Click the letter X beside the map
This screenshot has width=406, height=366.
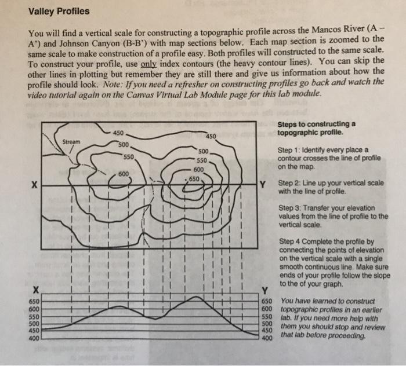click(35, 185)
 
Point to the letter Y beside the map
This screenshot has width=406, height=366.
click(265, 185)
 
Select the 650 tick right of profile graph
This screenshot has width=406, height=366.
click(266, 302)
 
